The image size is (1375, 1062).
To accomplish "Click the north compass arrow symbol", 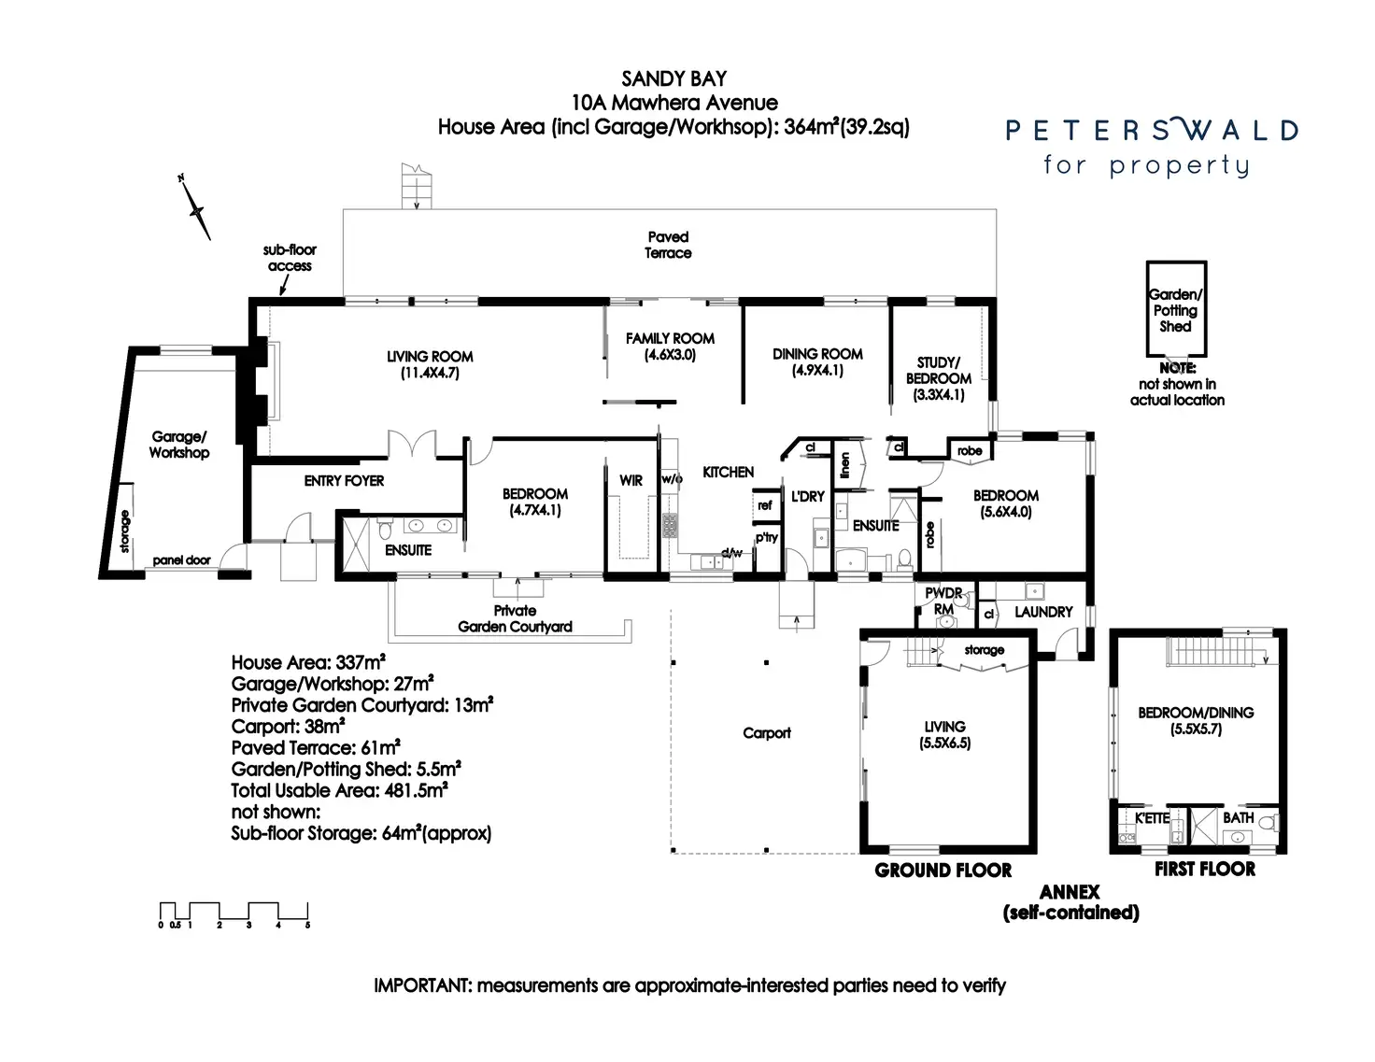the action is pos(195,208).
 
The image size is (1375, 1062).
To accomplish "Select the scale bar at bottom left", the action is pos(234,914).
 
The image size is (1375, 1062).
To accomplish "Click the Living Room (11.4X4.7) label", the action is pos(430,365).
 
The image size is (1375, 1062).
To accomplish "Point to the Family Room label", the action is pos(670,347).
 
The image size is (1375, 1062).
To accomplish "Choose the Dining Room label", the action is pos(817,361).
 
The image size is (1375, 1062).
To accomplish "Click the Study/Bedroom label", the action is pos(939,378).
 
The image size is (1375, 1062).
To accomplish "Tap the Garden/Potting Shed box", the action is pos(1176,308).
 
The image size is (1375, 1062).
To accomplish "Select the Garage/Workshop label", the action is pos(179,444).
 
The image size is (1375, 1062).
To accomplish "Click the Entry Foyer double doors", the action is pos(412,443).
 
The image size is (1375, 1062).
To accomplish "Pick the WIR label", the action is pos(631,481).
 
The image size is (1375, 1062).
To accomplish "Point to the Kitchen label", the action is pos(728,472).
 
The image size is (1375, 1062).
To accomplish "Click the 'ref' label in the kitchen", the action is pos(765,505).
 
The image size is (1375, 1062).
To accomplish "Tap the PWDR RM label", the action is pos(943,601).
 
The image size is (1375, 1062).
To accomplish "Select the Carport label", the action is pos(766,733).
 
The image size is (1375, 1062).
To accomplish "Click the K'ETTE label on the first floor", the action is pos(1152,818).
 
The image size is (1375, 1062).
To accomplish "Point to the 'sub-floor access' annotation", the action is pos(290,258).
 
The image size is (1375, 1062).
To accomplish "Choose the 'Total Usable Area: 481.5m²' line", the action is pos(339,790).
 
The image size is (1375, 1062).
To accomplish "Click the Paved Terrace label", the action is pos(668,245).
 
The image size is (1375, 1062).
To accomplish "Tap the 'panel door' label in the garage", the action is pos(181,560).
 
